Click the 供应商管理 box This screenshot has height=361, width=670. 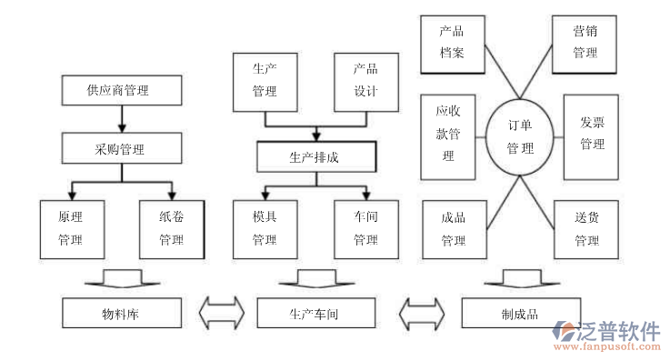tap(119, 91)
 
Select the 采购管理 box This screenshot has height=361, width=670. tap(119, 148)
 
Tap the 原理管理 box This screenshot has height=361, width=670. tap(70, 229)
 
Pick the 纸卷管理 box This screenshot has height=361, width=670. tap(171, 229)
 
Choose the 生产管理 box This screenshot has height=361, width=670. tap(265, 80)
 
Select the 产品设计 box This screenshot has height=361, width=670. tap(365, 80)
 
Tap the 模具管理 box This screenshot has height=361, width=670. tap(265, 229)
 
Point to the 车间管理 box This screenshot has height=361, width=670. tap(365, 229)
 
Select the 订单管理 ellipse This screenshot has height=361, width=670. tap(521, 137)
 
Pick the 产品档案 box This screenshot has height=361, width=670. tap(452, 42)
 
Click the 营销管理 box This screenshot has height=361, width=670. tap(585, 42)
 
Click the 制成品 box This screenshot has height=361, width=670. tap(520, 315)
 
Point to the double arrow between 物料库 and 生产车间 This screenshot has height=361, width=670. tap(221, 314)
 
